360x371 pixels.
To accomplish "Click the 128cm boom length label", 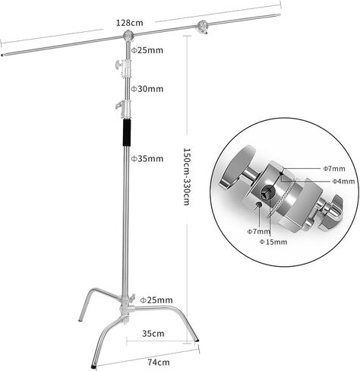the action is (x=129, y=23).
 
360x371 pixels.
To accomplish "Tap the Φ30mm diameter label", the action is (x=147, y=89).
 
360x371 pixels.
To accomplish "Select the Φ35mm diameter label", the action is (x=147, y=159).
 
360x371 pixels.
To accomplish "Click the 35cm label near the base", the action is (x=153, y=334).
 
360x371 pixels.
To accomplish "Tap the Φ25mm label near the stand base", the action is (x=156, y=300).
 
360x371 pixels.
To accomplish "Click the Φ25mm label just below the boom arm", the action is (x=147, y=50).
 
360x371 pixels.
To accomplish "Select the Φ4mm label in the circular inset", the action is (x=343, y=182).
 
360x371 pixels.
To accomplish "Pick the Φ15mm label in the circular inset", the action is (x=273, y=242).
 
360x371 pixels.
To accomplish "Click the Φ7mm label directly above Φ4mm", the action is (x=334, y=169).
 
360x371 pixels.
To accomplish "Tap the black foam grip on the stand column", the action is (x=127, y=132).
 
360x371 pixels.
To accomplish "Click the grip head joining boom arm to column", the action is (x=128, y=36).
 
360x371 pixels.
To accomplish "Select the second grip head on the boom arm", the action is (x=203, y=27).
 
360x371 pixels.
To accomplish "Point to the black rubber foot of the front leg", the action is (x=93, y=366).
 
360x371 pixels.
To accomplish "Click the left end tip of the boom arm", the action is (x=2, y=54).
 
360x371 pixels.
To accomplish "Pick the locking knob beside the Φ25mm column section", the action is (x=118, y=65).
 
